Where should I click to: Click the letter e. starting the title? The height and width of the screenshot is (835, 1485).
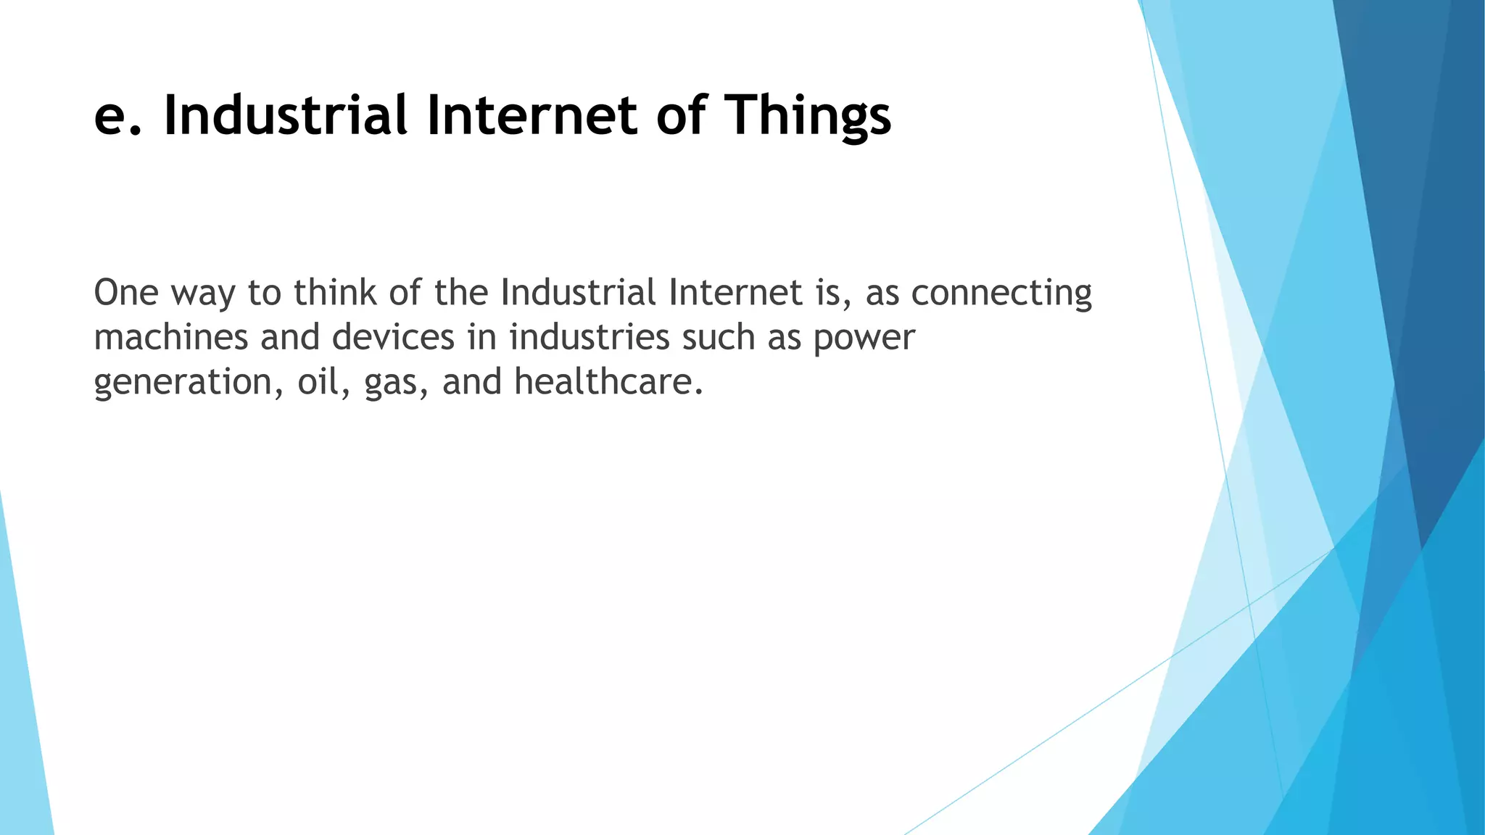click(116, 116)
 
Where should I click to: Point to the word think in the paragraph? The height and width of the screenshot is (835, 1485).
click(335, 293)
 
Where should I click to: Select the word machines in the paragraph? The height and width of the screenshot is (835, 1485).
click(171, 337)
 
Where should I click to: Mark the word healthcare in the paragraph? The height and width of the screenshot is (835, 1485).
click(608, 381)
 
